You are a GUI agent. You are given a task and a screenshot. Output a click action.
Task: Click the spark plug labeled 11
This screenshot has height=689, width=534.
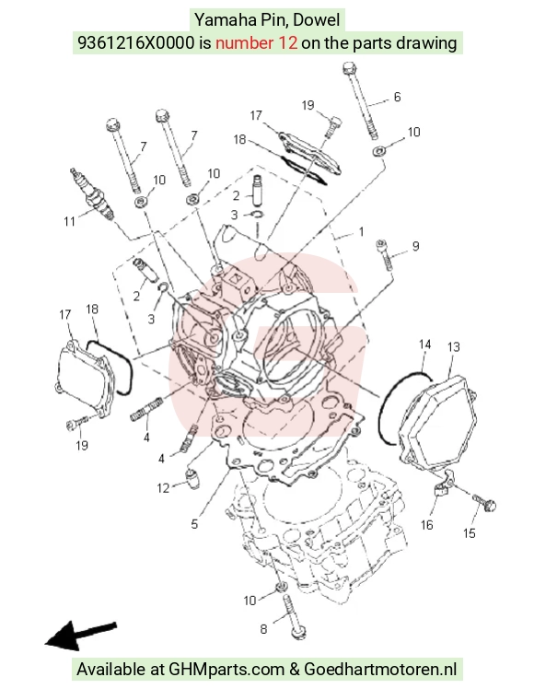(x=93, y=193)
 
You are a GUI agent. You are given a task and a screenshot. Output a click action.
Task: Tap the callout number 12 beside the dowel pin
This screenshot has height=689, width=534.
(x=163, y=488)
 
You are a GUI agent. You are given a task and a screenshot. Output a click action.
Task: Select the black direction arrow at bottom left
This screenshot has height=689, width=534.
(x=81, y=636)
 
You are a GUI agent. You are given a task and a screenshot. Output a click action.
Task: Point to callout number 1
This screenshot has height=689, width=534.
(x=361, y=231)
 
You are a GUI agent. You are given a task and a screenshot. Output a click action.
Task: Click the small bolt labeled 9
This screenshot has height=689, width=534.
(x=384, y=255)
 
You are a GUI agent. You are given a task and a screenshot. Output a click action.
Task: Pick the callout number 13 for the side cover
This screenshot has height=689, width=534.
(x=454, y=347)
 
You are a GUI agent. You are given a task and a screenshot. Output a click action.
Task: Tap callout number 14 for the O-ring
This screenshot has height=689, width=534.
(x=424, y=344)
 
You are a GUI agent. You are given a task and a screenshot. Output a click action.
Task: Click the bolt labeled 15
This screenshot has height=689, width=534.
(x=484, y=503)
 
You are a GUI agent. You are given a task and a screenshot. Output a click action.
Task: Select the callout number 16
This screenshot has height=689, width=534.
(x=426, y=525)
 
